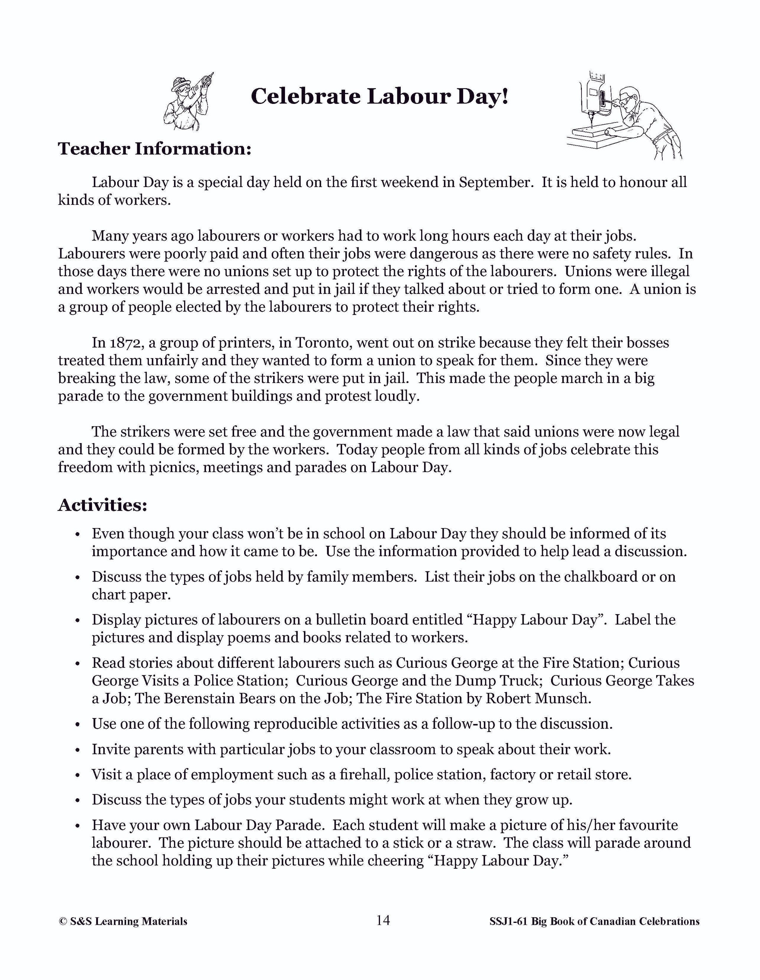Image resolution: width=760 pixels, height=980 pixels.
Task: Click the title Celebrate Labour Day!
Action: (380, 96)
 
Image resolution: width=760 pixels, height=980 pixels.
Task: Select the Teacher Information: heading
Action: (154, 148)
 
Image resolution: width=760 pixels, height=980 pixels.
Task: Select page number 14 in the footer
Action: (383, 920)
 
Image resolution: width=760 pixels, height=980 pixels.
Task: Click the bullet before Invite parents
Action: (78, 750)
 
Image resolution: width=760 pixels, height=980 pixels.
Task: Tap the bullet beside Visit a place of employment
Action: (78, 775)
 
